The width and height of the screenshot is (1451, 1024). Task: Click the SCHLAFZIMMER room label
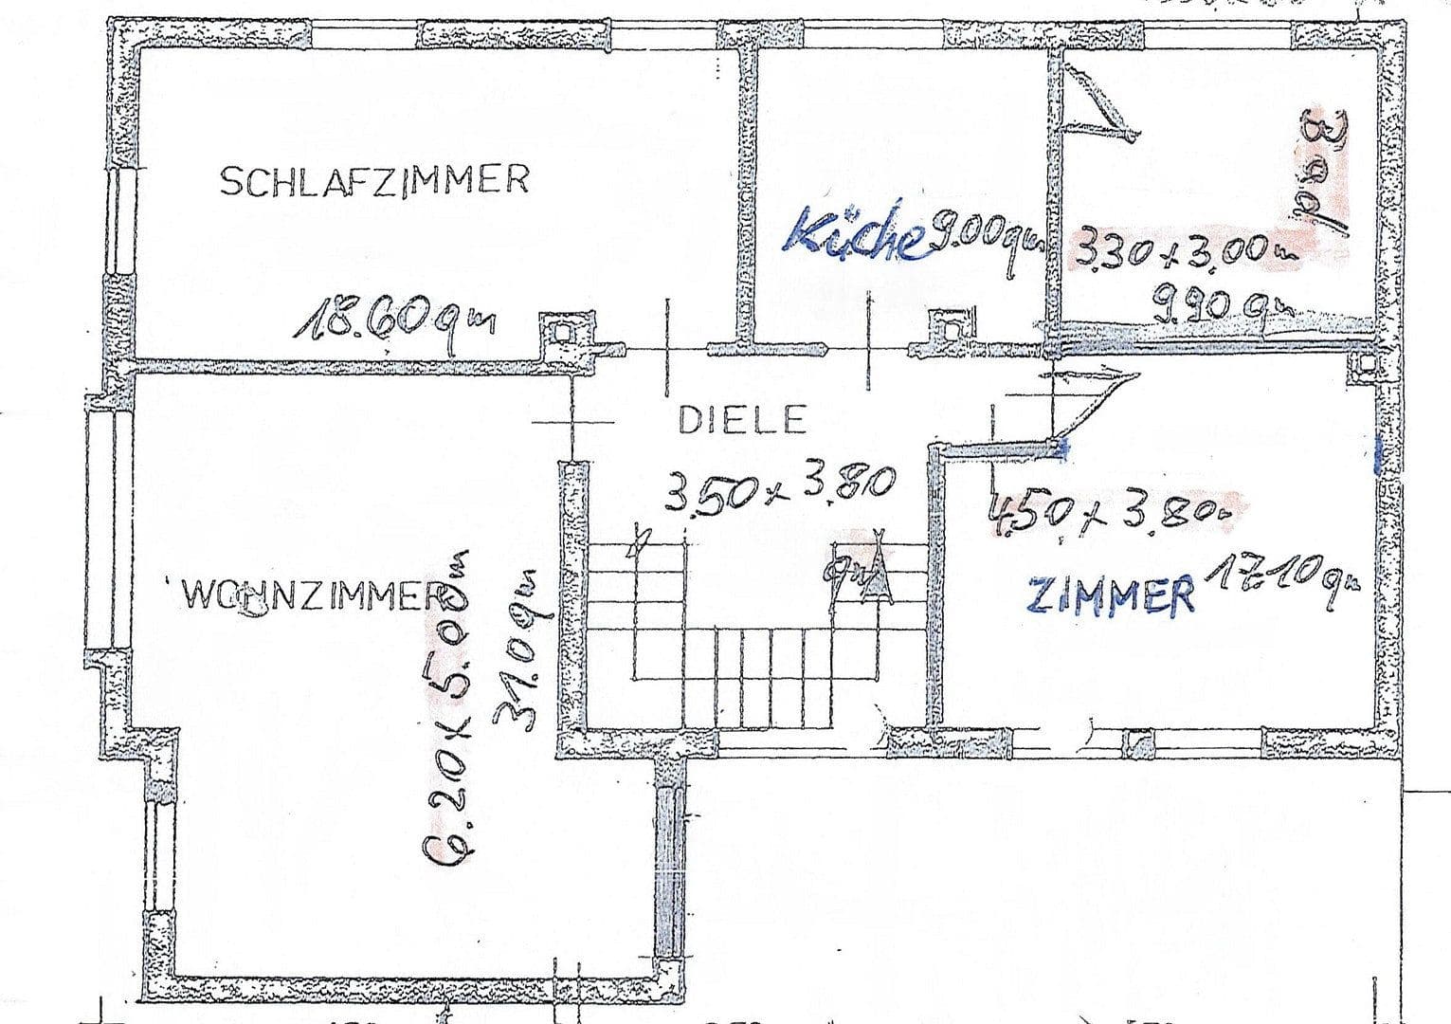click(373, 180)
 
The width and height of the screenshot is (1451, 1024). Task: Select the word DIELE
click(741, 419)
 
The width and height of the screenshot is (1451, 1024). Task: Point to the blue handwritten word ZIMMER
click(1110, 594)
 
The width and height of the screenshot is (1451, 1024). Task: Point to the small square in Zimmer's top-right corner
click(1365, 364)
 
